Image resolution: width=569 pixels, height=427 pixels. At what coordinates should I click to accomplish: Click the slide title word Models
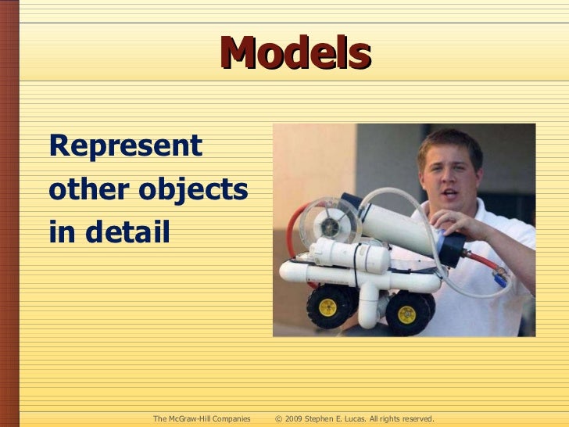click(x=295, y=53)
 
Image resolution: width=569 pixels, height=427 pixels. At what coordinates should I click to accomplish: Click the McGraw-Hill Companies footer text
click(x=202, y=419)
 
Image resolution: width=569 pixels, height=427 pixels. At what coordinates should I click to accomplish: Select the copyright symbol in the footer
click(x=279, y=419)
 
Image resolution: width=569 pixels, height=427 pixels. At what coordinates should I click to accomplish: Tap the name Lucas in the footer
click(x=360, y=419)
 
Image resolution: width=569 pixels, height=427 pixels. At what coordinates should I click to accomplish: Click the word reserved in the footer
click(x=414, y=419)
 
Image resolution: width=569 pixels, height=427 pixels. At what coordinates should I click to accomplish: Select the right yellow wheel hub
click(x=406, y=314)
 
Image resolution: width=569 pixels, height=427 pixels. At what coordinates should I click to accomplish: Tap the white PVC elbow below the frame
click(x=369, y=310)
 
